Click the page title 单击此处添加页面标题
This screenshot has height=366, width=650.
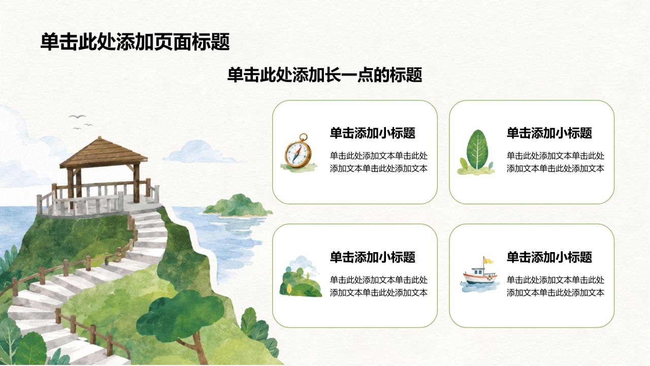click(135, 42)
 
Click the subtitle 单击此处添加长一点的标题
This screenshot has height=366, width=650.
click(324, 75)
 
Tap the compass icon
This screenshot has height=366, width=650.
click(298, 152)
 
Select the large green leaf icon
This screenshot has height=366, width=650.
click(476, 152)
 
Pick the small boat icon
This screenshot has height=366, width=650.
click(480, 275)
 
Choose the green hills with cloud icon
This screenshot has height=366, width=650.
click(300, 277)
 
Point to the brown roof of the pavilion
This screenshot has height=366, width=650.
click(103, 153)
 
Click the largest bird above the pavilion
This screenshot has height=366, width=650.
click(77, 117)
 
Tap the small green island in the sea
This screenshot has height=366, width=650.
click(237, 206)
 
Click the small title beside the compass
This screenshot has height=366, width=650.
click(373, 133)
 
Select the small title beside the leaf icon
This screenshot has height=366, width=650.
click(549, 133)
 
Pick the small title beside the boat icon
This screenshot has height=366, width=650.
click(549, 257)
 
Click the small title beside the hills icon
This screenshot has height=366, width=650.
click(373, 257)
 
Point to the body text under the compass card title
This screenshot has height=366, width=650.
click(379, 162)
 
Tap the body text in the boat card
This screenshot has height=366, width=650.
click(556, 286)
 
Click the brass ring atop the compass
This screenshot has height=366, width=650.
click(304, 137)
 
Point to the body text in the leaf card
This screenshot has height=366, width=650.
click(556, 162)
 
